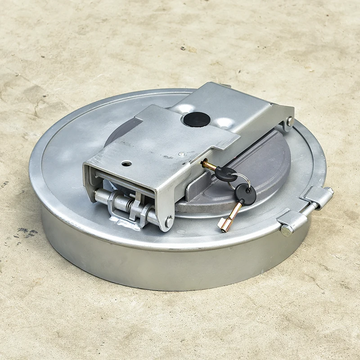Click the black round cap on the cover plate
[x=197, y=119]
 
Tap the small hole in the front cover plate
[x=126, y=163]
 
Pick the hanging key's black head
[x=246, y=194]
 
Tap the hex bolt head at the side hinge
[x=286, y=230]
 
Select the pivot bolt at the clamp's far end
[x=290, y=121]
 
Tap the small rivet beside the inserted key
[x=181, y=154]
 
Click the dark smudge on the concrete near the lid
[x=27, y=232]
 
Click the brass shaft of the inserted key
[x=208, y=165]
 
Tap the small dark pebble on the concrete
[x=184, y=48]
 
